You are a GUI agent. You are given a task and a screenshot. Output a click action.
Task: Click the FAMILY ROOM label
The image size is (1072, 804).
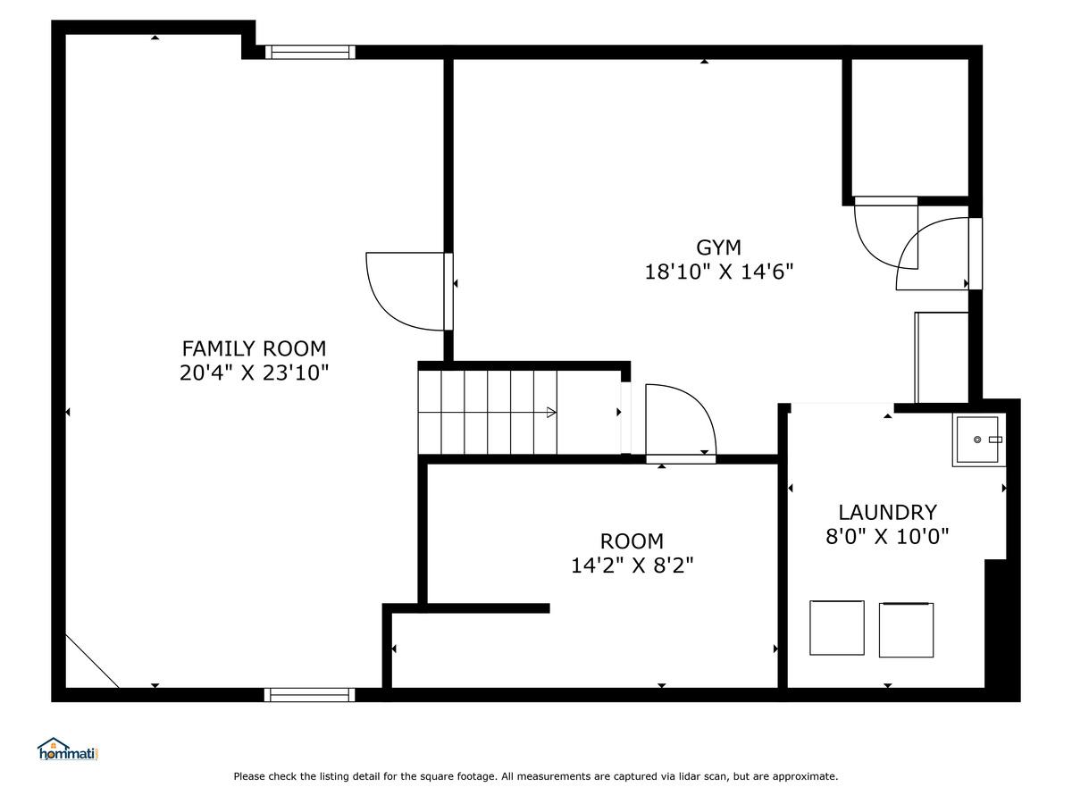(254, 348)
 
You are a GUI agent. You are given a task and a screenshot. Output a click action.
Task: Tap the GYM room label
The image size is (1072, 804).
(718, 247)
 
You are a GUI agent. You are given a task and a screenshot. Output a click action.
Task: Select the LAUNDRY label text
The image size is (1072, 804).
(887, 513)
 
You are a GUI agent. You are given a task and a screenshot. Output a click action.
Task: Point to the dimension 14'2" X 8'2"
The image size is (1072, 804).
(632, 565)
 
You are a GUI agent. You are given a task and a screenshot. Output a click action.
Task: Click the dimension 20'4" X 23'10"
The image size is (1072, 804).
(254, 373)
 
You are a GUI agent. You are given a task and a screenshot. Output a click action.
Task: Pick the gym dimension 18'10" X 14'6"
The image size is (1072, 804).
(719, 272)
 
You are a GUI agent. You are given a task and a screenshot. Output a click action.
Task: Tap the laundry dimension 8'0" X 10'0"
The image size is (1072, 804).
(887, 537)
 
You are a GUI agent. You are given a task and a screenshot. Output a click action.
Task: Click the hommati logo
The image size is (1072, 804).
(69, 750)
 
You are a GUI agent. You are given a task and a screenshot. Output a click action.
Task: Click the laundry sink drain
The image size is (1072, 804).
(977, 440)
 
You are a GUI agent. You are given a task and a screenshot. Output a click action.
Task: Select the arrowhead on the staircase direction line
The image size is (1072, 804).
(551, 413)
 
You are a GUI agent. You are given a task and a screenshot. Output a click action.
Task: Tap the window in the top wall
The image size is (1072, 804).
(310, 52)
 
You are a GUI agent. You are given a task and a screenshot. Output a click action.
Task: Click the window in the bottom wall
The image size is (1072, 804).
(310, 695)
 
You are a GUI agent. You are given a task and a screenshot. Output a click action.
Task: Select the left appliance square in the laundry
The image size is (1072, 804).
(836, 628)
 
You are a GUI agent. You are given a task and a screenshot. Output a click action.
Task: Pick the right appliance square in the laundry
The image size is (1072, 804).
(906, 630)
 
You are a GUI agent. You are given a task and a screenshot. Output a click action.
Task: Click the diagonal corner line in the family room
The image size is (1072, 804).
(92, 661)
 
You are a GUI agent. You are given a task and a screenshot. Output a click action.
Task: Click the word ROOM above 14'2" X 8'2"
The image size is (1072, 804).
(632, 541)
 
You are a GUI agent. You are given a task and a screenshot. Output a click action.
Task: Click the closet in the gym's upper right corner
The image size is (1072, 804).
(909, 128)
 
